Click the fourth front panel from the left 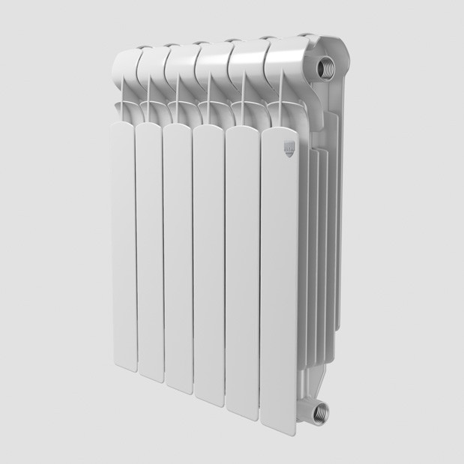coord(209,262)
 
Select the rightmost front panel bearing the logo coord(282,277)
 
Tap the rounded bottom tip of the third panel coord(178,385)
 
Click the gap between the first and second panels coord(134,247)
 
